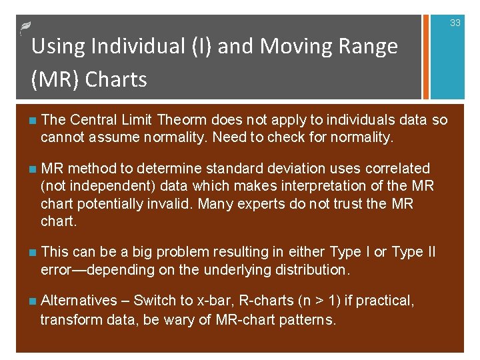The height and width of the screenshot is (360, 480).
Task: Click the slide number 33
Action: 455,23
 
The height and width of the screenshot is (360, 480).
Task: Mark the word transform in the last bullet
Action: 69,320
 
